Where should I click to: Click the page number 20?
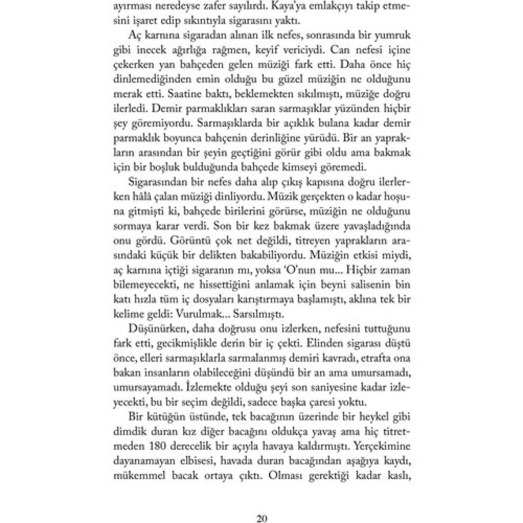point(261,518)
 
